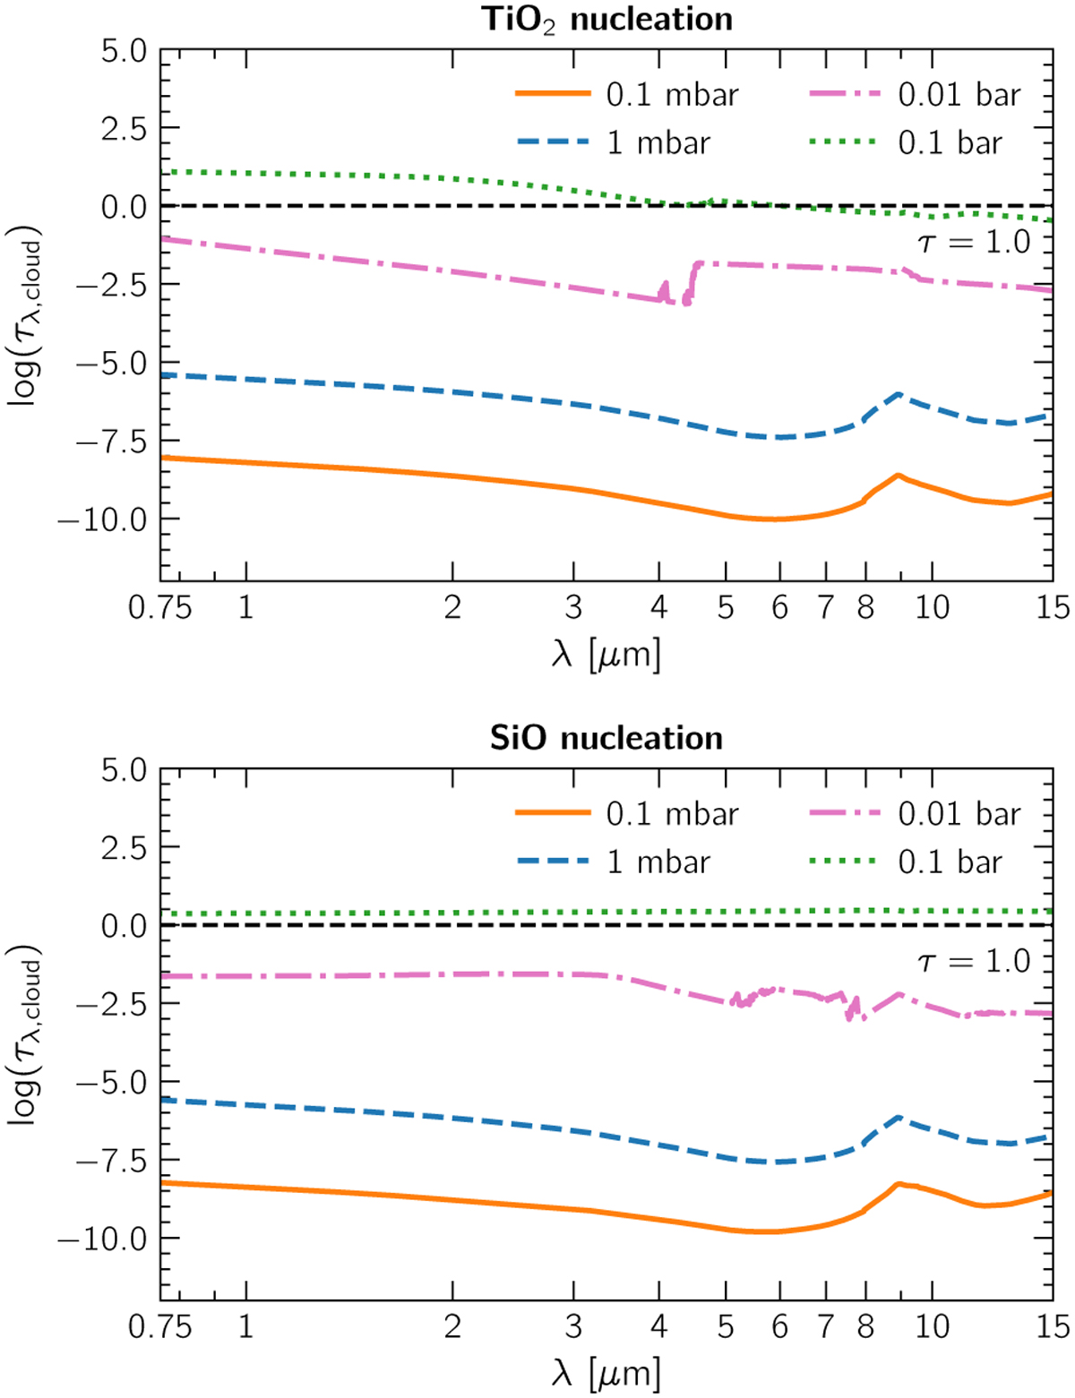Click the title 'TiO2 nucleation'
pyautogui.click(x=606, y=19)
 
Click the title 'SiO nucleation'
pyautogui.click(x=606, y=738)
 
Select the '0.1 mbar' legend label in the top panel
pyautogui.click(x=672, y=94)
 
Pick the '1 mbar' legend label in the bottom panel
pyautogui.click(x=658, y=862)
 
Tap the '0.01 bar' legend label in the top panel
pyautogui.click(x=959, y=94)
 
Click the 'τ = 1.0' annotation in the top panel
pyautogui.click(x=974, y=242)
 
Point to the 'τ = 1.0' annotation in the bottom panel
pyautogui.click(x=974, y=961)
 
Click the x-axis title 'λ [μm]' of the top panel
pyautogui.click(x=606, y=655)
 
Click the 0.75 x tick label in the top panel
pyautogui.click(x=160, y=608)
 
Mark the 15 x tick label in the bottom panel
pyautogui.click(x=1053, y=1326)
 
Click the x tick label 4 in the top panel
pyautogui.click(x=659, y=608)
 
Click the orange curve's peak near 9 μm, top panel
pyautogui.click(x=898, y=475)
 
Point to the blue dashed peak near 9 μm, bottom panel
pyautogui.click(x=898, y=1117)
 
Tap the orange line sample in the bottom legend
pyautogui.click(x=553, y=813)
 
